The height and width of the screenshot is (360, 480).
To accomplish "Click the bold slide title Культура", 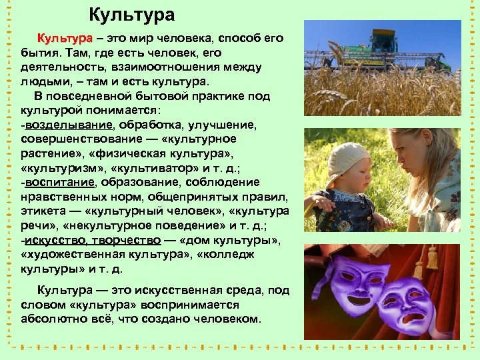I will [131, 15].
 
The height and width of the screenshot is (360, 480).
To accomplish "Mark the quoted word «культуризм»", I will [59, 168].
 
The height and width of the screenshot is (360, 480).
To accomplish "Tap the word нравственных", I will [65, 197].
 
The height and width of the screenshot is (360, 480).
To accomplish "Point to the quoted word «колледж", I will [230, 255].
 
